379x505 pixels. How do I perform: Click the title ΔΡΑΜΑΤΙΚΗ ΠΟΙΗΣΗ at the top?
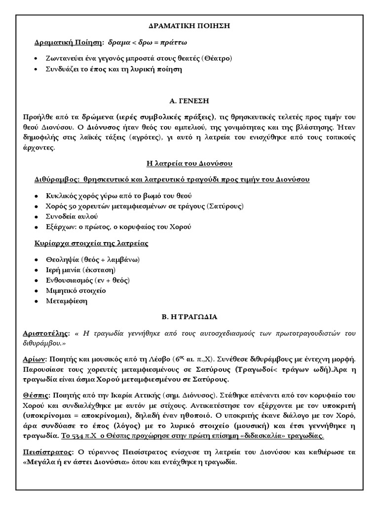coord(189,26)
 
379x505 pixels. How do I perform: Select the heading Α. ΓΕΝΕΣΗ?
coord(189,101)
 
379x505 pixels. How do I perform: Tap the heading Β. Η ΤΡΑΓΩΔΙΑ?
coord(189,317)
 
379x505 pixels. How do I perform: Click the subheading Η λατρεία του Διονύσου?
coord(189,163)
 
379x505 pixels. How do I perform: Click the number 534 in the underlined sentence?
coord(78,436)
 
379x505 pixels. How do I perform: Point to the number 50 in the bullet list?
coord(73,206)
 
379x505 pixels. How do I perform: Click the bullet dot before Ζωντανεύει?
coord(37,59)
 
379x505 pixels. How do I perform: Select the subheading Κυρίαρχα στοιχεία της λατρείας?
coord(91,243)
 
